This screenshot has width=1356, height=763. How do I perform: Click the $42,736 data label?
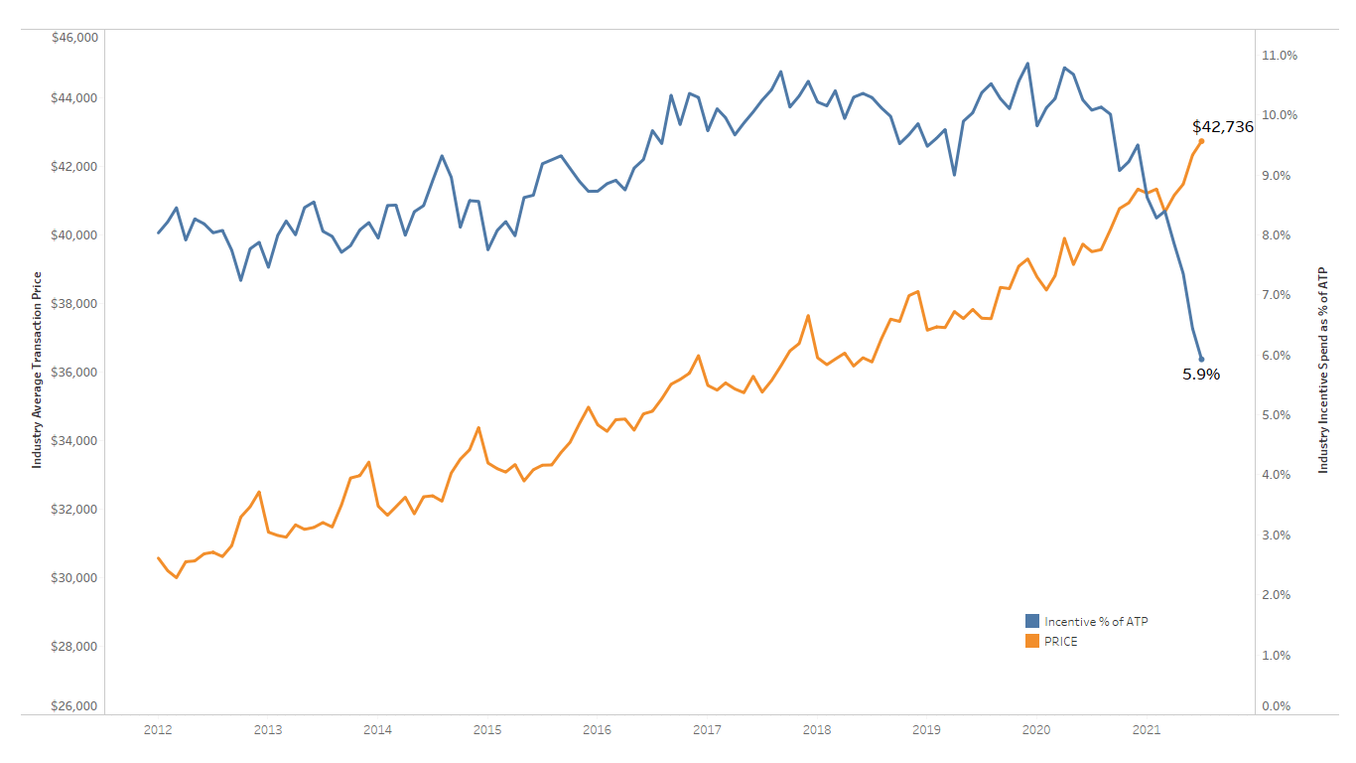(1222, 127)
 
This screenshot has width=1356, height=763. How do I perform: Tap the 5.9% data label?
(1201, 375)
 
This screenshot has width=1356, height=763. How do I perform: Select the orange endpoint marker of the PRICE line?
(1201, 141)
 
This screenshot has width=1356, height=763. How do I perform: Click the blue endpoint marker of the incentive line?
(1201, 359)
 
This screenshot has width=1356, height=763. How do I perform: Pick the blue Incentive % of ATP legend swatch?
(1032, 621)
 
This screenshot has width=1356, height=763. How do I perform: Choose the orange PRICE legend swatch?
(1032, 641)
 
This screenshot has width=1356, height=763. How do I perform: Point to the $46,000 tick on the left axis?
(73, 37)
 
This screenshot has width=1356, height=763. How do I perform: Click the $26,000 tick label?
(73, 706)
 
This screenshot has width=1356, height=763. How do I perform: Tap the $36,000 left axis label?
(73, 373)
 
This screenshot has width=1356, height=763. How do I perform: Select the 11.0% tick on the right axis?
(1280, 56)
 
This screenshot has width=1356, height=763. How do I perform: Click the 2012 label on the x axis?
(158, 730)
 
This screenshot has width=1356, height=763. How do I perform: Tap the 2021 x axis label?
(1147, 730)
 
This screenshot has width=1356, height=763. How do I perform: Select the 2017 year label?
(707, 730)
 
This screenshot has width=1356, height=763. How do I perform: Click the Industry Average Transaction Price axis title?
(38, 370)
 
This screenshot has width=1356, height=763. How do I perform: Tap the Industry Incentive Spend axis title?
(1322, 370)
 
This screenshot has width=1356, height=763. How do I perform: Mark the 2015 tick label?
(487, 730)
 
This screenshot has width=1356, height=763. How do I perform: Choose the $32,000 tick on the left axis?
(73, 510)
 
